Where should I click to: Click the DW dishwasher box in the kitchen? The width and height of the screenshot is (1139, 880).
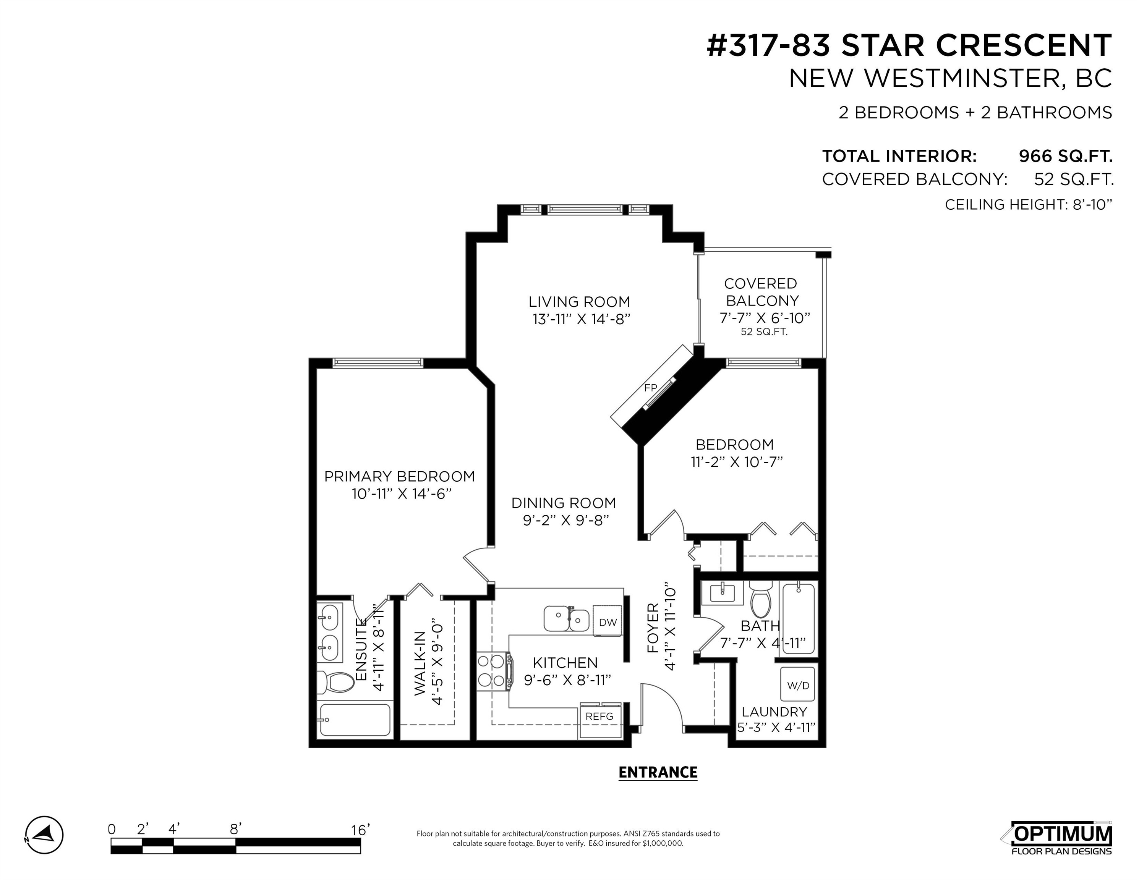608,621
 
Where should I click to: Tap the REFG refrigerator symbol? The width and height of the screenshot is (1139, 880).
600,720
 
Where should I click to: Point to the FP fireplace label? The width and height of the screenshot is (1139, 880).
650,387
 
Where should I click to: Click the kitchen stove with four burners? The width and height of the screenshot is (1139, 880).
494,672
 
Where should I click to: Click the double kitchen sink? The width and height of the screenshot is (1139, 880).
566,619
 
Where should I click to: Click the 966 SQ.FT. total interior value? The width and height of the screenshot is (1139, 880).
1066,156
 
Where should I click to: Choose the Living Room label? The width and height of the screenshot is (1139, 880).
579,302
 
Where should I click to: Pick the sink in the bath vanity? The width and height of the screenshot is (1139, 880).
722,593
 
